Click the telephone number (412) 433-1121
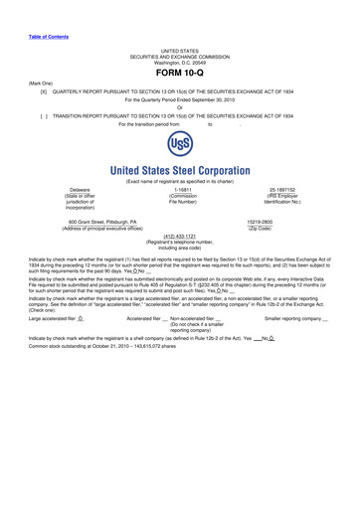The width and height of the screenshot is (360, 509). [x=179, y=264]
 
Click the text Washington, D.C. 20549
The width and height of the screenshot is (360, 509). [x=180, y=62]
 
